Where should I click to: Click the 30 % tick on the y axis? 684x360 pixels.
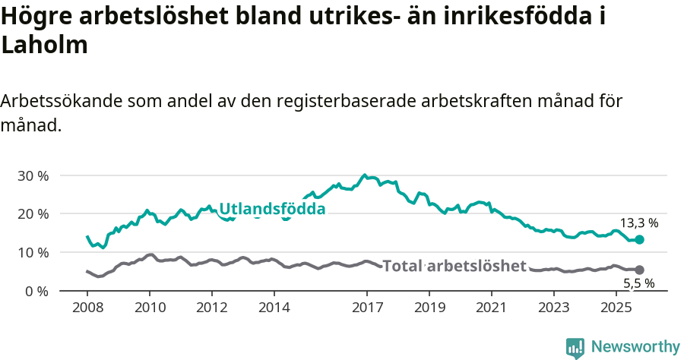[32, 175]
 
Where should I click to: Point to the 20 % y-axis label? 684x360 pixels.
[32, 214]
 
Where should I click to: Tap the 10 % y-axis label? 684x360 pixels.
[32, 252]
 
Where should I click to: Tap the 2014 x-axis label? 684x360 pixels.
[274, 309]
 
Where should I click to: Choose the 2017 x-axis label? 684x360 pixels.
[367, 309]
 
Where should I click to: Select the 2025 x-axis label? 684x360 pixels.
[616, 309]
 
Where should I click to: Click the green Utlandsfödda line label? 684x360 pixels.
[272, 209]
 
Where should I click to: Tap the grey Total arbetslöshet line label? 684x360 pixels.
[454, 266]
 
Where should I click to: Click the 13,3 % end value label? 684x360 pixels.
[638, 223]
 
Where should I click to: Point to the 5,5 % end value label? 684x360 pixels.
[638, 283]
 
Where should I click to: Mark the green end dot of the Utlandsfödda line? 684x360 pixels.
[639, 239]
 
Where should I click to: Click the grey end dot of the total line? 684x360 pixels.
[639, 270]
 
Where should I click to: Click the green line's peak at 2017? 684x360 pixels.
[365, 175]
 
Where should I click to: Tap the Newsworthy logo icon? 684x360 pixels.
[575, 347]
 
